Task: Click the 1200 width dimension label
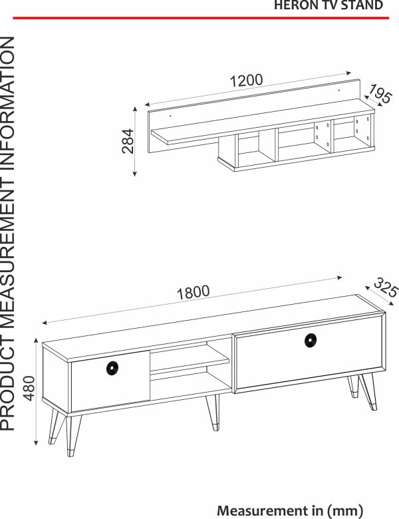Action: [246, 80]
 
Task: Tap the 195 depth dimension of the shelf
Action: [380, 94]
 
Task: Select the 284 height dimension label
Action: [128, 141]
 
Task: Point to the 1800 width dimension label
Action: [194, 293]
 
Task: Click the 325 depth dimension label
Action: [386, 288]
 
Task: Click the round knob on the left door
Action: [112, 369]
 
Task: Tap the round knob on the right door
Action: [311, 341]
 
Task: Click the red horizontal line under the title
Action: [201, 18]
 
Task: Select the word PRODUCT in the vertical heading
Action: [7, 385]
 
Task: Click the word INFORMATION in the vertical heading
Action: [7, 103]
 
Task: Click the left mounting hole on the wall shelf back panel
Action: [170, 116]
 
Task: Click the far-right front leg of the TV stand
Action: [369, 392]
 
